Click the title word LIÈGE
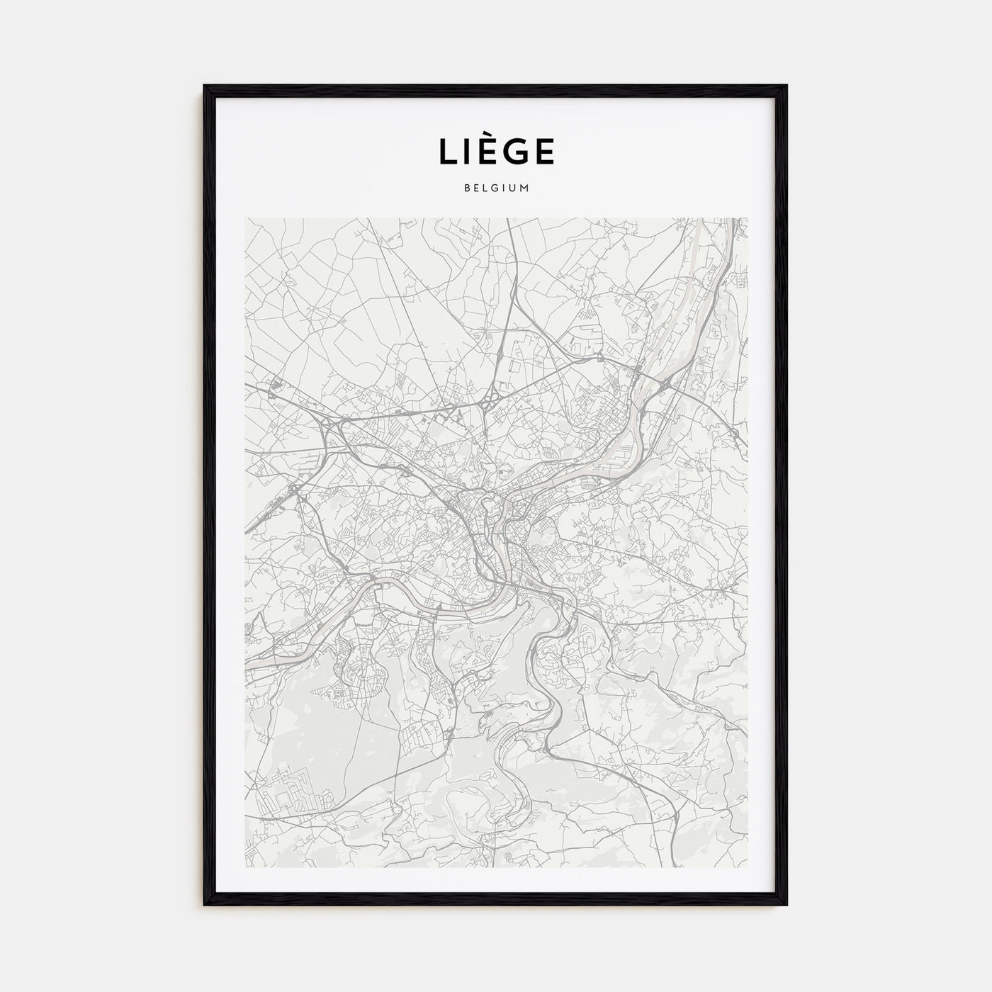click(x=496, y=151)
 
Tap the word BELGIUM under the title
click(x=496, y=188)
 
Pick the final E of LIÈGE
click(x=543, y=152)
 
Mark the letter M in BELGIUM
click(x=525, y=188)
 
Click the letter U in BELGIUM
click(x=514, y=188)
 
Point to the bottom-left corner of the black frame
click(x=205, y=905)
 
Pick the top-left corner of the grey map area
click(x=245, y=218)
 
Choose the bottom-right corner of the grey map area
click(x=748, y=867)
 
